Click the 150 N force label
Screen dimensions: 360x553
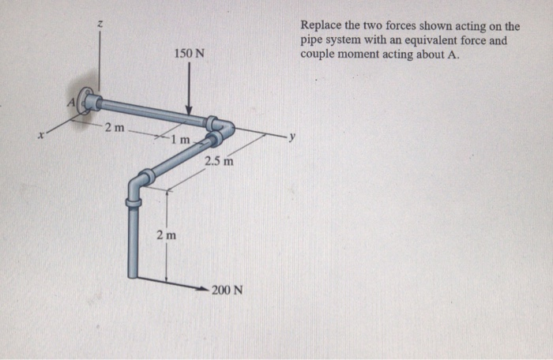(x=190, y=54)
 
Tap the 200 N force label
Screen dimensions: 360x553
(x=228, y=290)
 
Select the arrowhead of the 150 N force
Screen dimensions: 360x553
(x=190, y=111)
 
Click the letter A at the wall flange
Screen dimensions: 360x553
(x=70, y=101)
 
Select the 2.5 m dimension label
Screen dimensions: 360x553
(x=219, y=162)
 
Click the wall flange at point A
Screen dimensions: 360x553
(x=88, y=100)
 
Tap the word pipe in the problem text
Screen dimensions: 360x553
(x=313, y=40)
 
